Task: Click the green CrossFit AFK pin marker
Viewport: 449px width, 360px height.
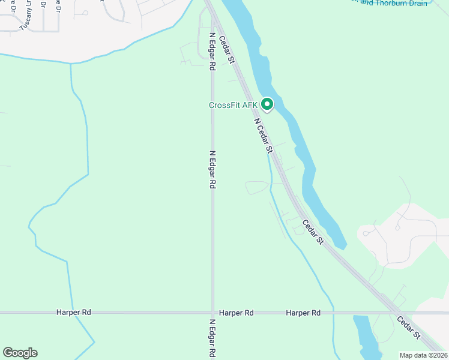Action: pos(267,104)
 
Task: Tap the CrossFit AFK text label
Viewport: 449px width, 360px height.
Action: pos(233,106)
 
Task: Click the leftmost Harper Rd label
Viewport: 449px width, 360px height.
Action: pos(74,313)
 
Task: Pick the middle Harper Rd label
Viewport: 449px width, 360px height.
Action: pos(236,313)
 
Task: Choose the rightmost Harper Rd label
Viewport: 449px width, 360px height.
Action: pos(303,313)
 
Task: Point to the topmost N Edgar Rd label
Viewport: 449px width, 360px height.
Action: pos(212,51)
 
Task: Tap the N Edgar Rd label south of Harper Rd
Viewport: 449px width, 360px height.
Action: pos(212,338)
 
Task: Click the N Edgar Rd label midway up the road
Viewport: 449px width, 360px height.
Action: pos(212,170)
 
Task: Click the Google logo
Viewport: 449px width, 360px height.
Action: pos(20,353)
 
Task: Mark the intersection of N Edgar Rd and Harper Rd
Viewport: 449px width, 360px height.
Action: pos(212,313)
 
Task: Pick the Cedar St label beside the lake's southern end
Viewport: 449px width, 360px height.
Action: pos(313,232)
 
